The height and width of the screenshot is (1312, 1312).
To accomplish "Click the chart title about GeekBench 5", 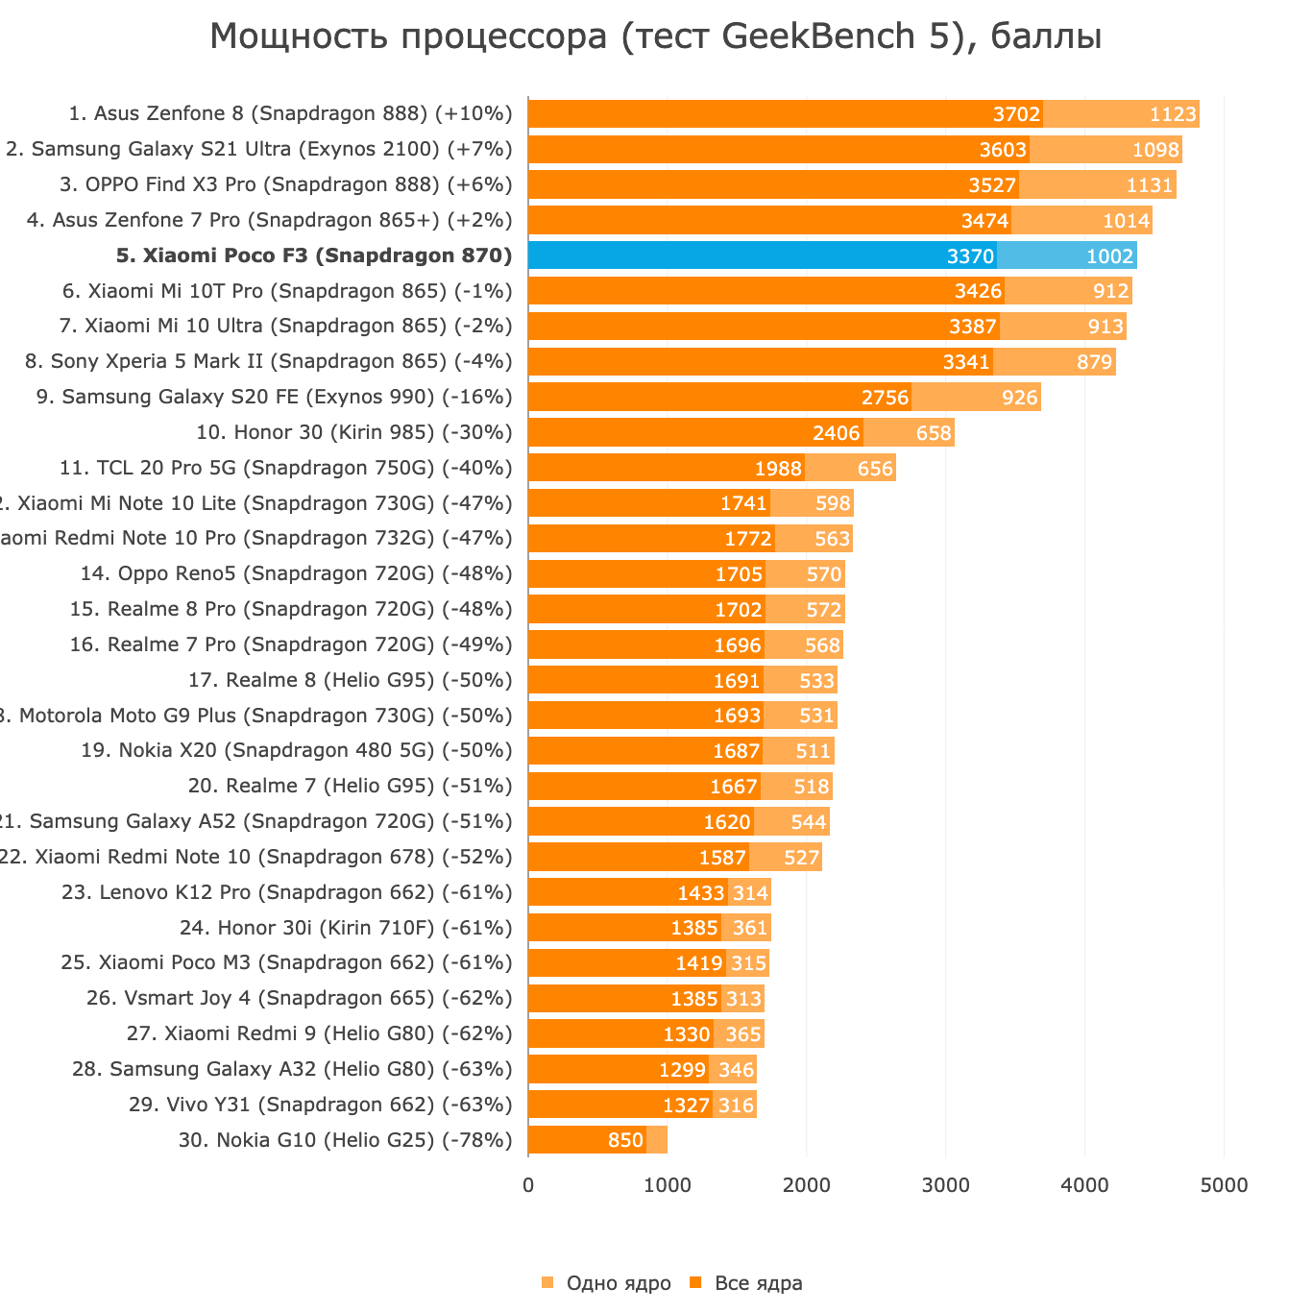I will point(655,36).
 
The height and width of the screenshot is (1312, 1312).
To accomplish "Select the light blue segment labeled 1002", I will point(1066,255).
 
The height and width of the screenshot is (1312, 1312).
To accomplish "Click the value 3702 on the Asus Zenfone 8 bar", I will point(1016,115).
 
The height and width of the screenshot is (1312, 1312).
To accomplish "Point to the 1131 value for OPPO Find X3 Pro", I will point(1149,185).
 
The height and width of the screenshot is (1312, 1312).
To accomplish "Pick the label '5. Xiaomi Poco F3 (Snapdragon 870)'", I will point(314,255).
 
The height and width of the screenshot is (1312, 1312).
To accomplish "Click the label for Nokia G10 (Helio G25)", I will point(345,1140).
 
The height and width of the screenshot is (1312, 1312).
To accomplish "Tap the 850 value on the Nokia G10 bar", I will point(625,1141).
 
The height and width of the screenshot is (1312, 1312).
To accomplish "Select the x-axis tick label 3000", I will point(946,1185).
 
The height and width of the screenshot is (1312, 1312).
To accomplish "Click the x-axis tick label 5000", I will point(1225,1185).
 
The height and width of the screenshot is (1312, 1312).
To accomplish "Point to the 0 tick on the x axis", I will point(528,1185).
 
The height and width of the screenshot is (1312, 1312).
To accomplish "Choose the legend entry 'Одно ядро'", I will point(618,1283).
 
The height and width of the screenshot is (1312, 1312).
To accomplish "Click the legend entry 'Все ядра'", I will point(758,1283).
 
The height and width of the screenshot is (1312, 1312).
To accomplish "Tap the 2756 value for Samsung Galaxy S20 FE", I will point(885,398).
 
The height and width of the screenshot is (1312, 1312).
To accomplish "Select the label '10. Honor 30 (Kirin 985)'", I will point(353,432).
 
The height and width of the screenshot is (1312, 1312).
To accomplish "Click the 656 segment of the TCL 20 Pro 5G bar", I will point(875,469).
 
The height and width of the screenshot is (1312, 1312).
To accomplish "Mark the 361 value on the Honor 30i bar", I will point(750,928).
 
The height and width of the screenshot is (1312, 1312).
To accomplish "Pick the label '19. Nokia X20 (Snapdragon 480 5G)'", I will point(296,750).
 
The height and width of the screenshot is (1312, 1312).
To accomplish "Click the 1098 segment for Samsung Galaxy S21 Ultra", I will point(1154,150).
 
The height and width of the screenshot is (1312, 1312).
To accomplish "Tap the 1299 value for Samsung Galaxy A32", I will point(682,1070).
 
